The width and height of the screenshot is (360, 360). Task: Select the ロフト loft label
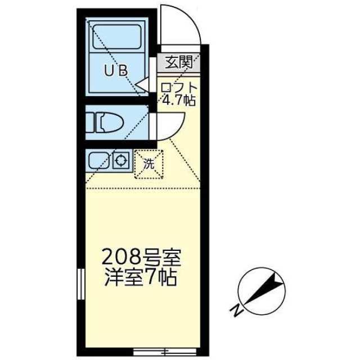(179, 88)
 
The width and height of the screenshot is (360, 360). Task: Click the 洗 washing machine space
(148, 165)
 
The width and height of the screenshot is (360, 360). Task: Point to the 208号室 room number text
(141, 258)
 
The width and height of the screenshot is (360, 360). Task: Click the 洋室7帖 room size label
(141, 278)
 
